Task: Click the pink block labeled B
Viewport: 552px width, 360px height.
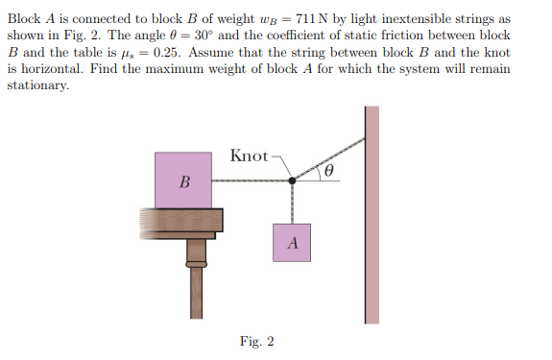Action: click(183, 180)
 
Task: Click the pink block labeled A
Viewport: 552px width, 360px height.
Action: click(293, 243)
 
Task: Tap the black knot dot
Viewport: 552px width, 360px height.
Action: click(292, 180)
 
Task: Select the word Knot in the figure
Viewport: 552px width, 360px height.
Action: click(249, 156)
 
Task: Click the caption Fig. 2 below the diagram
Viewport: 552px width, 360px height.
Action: click(257, 341)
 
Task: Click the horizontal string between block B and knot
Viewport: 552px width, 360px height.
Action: click(252, 180)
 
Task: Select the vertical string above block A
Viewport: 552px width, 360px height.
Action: click(292, 202)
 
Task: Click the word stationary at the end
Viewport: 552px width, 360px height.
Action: click(37, 85)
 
